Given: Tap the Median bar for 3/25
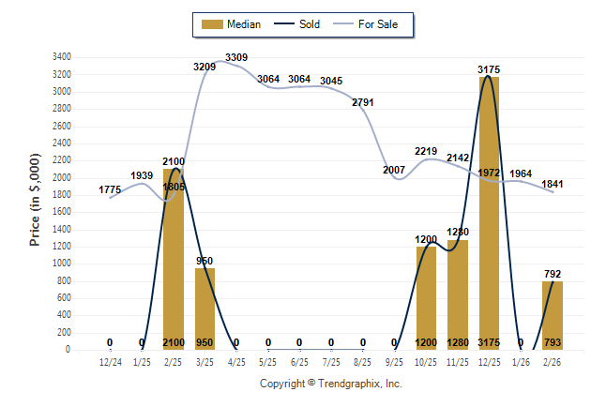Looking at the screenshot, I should (205, 309).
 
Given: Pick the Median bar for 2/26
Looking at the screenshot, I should (553, 315).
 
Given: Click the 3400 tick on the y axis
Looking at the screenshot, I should (62, 57).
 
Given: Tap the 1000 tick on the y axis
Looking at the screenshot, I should (62, 264).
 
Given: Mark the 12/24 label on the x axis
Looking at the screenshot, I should (110, 361).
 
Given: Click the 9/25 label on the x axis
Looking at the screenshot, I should (395, 361).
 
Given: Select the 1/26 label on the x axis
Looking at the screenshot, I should (522, 361).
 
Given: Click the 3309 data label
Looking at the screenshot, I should (236, 58).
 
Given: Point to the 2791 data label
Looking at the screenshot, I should (363, 102).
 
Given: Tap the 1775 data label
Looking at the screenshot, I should (110, 190).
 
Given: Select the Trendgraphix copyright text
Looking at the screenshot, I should (330, 384).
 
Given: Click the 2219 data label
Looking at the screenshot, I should (427, 151).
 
